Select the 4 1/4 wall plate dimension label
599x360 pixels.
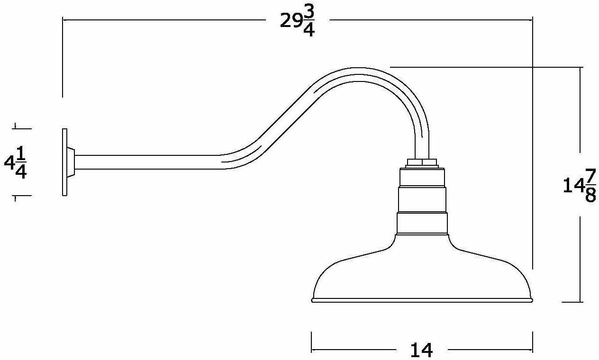tap(15, 162)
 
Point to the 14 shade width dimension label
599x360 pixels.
tap(421, 350)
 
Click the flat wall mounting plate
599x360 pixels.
tap(64, 162)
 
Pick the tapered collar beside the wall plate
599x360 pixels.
tap(71, 162)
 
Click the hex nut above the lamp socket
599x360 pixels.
tap(422, 163)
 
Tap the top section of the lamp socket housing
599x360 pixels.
tap(422, 177)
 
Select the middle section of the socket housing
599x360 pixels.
tap(422, 199)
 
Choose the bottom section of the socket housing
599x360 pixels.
tap(422, 223)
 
